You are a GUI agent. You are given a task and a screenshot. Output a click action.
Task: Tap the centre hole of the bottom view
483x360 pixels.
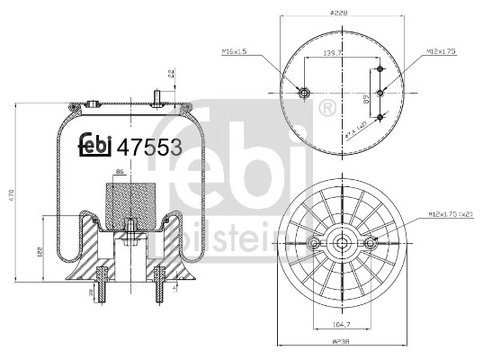pyautogui.click(x=343, y=244)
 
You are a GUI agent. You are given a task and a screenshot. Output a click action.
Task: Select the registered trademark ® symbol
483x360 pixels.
pyautogui.click(x=327, y=109)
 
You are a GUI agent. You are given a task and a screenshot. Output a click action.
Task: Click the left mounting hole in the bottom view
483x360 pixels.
pyautogui.click(x=314, y=244)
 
